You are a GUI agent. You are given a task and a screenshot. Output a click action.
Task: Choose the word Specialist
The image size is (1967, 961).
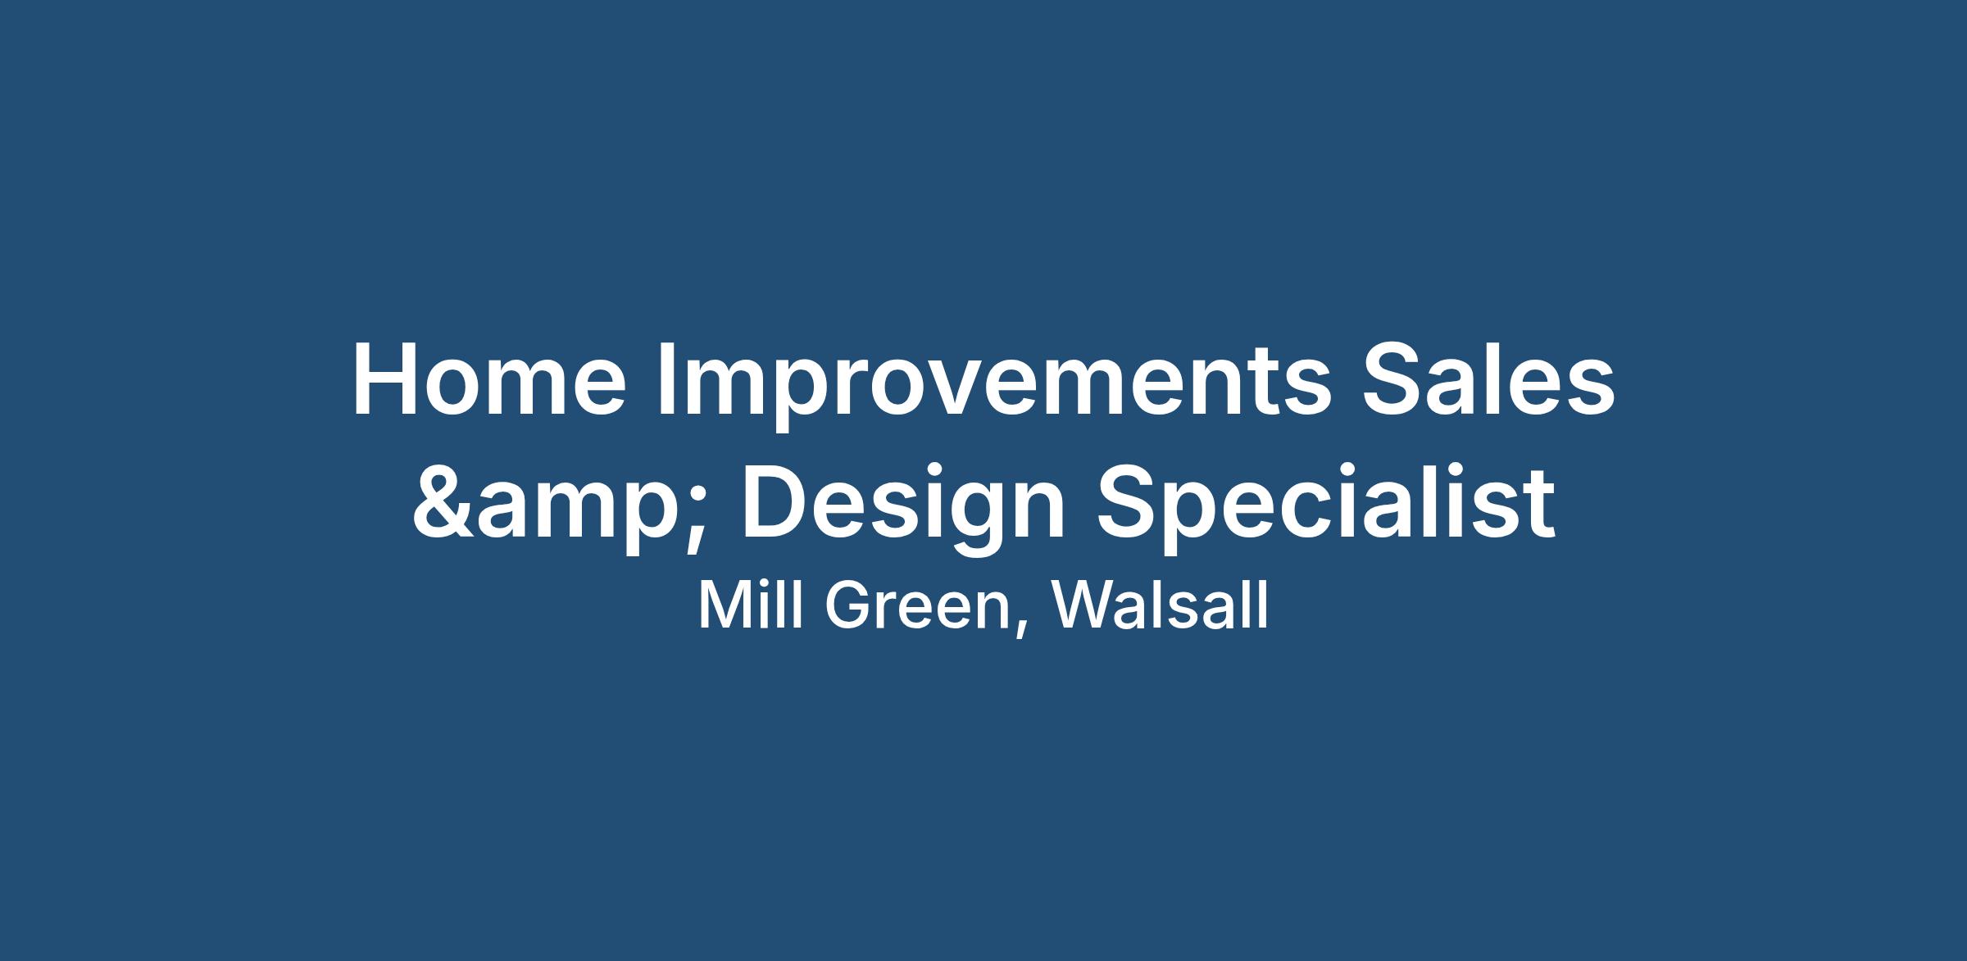point(1326,505)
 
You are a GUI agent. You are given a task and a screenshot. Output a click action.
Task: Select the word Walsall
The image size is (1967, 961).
point(1161,606)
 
